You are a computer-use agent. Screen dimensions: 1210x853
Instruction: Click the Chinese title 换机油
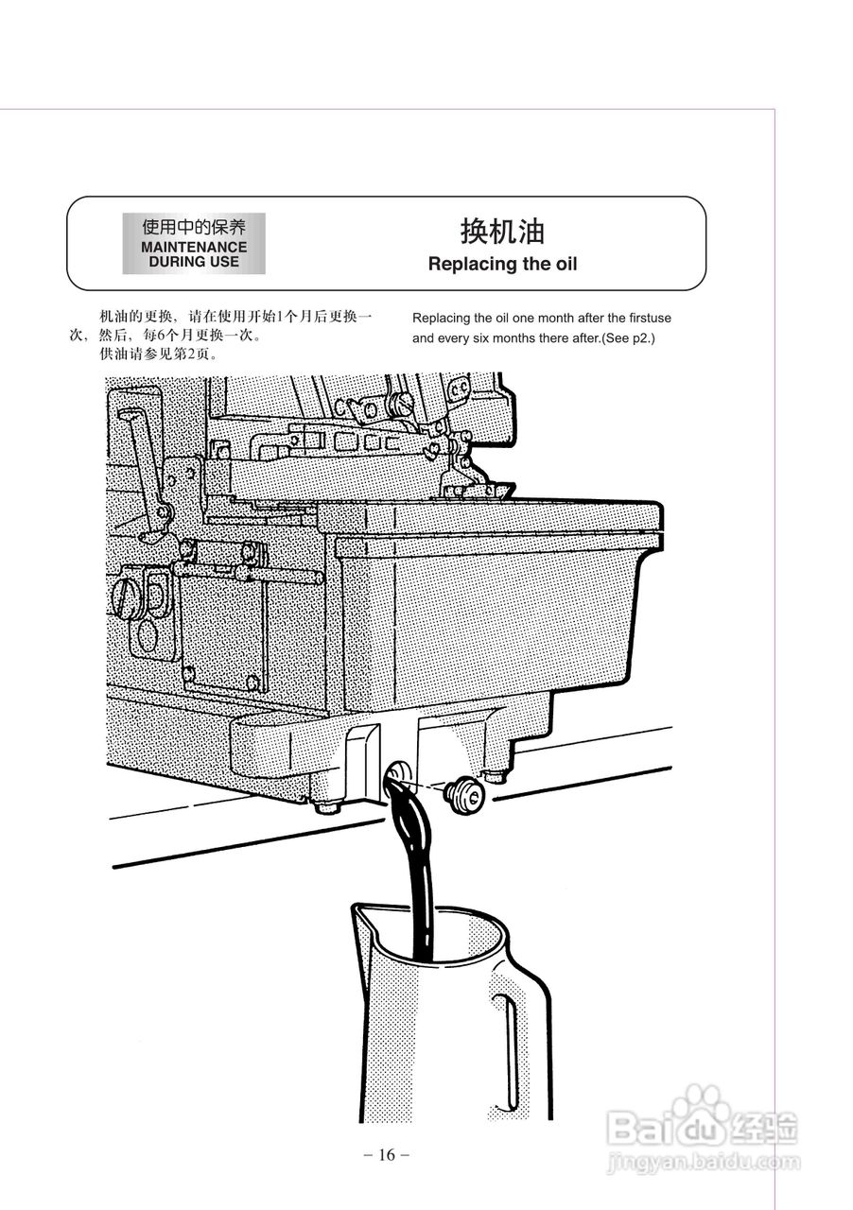[502, 232]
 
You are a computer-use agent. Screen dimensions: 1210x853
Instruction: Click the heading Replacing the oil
[502, 264]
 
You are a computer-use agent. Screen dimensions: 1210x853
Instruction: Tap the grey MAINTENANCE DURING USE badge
[194, 244]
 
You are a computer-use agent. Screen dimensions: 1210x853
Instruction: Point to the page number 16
[386, 1154]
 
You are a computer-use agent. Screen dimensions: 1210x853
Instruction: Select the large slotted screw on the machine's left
[127, 596]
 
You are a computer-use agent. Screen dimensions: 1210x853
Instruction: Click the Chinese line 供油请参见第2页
[158, 354]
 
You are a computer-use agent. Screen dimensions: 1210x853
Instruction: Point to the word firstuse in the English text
[650, 318]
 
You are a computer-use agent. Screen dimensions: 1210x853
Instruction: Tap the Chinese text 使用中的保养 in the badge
[194, 227]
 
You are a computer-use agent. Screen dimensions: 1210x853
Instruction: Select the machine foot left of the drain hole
[326, 806]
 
